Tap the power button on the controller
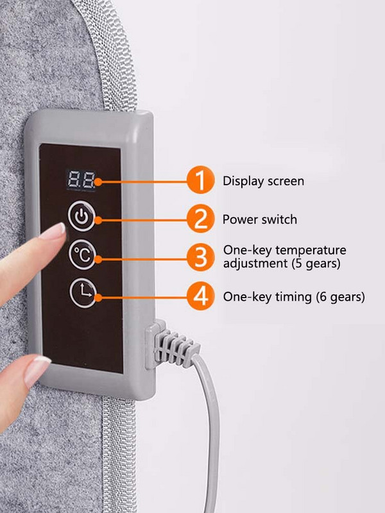[x=81, y=216]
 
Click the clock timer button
[x=83, y=293]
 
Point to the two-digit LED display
[x=81, y=180]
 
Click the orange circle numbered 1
[x=200, y=180]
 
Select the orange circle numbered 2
[x=200, y=219]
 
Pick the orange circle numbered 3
[x=200, y=257]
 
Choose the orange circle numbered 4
[x=200, y=296]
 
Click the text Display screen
[x=263, y=181]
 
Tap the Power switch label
[x=260, y=219]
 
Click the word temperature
[x=311, y=250]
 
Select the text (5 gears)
[x=316, y=263]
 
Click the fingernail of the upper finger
[x=53, y=231]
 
